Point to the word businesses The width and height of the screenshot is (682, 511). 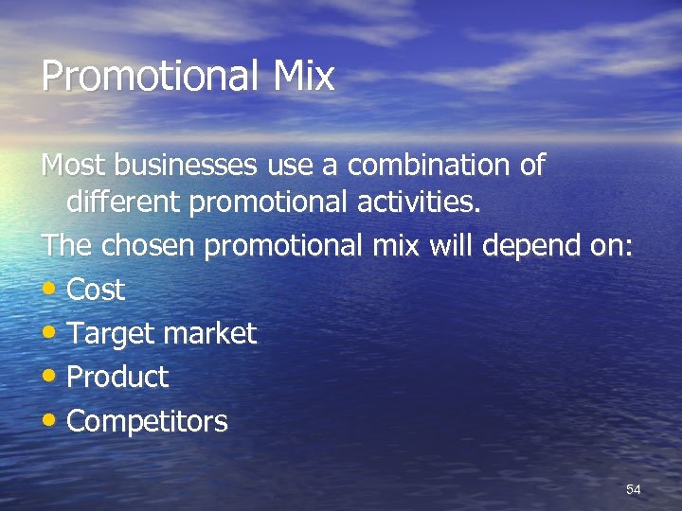click(183, 166)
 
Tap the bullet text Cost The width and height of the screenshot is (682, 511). click(96, 290)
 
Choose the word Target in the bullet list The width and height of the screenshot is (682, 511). click(106, 333)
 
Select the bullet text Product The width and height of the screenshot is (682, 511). click(117, 377)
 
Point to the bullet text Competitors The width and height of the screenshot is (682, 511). click(147, 420)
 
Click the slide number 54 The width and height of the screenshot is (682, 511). click(634, 489)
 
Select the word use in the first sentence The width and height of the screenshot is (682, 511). click(291, 166)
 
